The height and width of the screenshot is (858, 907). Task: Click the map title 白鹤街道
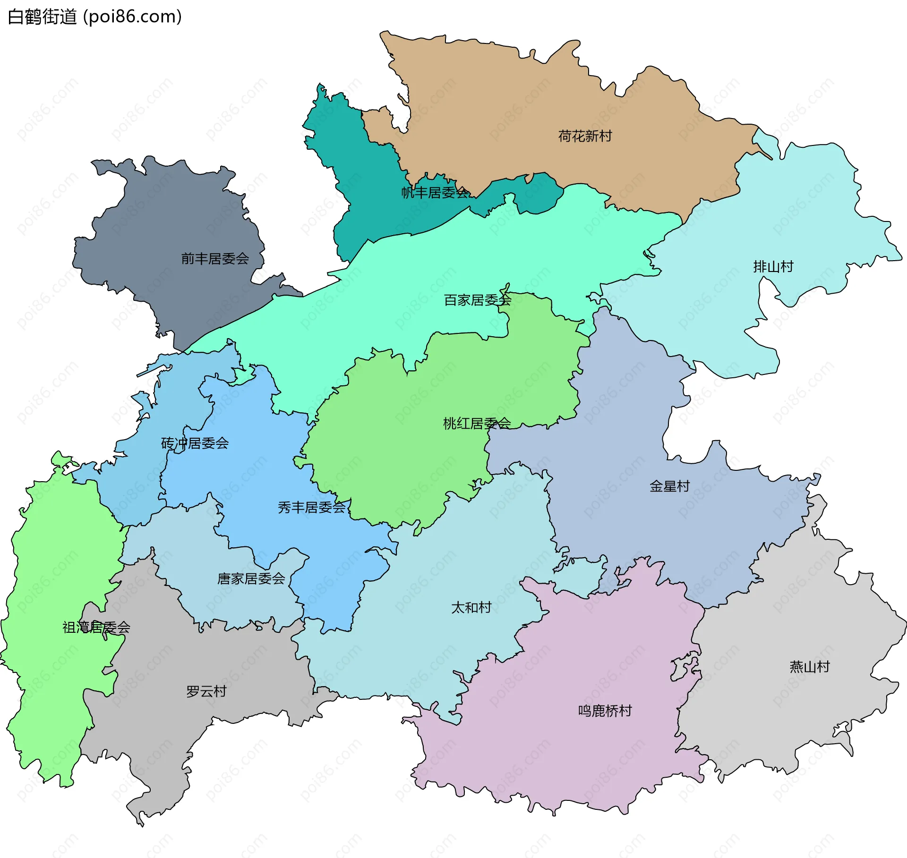pyautogui.click(x=43, y=17)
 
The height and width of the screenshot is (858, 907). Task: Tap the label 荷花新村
pyautogui.click(x=585, y=136)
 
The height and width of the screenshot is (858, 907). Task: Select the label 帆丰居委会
pyautogui.click(x=435, y=193)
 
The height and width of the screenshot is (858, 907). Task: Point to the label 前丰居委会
pyautogui.click(x=215, y=259)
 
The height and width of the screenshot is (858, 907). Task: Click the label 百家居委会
pyautogui.click(x=478, y=300)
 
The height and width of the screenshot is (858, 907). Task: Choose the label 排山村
pyautogui.click(x=773, y=267)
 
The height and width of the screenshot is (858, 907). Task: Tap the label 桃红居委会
pyautogui.click(x=477, y=424)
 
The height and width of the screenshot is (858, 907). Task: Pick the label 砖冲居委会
pyautogui.click(x=195, y=443)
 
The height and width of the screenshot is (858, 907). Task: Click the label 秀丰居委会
pyautogui.click(x=312, y=508)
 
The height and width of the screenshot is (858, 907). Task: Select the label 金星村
pyautogui.click(x=669, y=486)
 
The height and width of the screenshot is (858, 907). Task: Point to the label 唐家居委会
pyautogui.click(x=251, y=579)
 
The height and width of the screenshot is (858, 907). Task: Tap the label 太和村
pyautogui.click(x=471, y=608)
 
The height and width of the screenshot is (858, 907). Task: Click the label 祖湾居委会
pyautogui.click(x=96, y=628)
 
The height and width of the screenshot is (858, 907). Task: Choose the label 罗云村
pyautogui.click(x=206, y=692)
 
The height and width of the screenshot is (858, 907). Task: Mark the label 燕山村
pyautogui.click(x=810, y=667)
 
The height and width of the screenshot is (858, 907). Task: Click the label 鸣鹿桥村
pyautogui.click(x=605, y=711)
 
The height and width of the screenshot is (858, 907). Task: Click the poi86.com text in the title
pyautogui.click(x=132, y=17)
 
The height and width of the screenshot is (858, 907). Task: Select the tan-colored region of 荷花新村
pyautogui.click(x=496, y=104)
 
